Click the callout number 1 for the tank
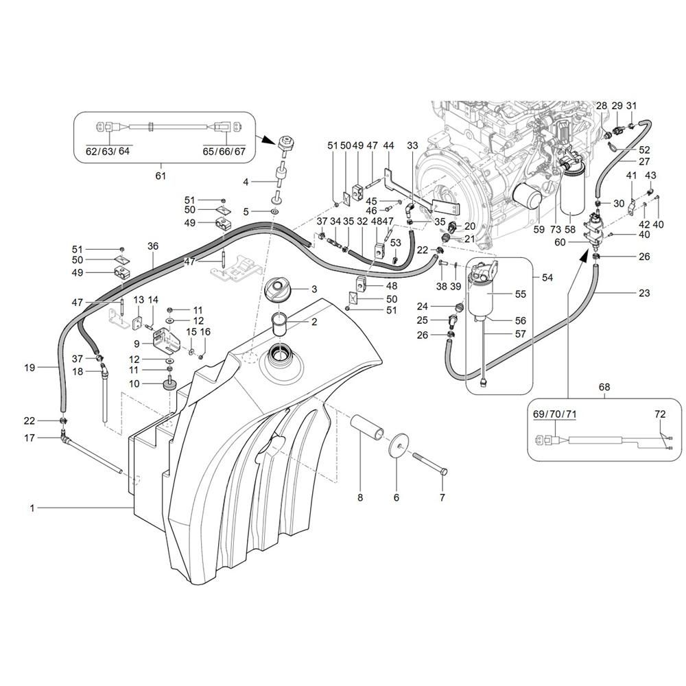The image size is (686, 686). point(32,508)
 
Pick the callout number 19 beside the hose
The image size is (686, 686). point(29,367)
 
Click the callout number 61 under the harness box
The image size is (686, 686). point(161,176)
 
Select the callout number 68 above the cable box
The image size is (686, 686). point(604,387)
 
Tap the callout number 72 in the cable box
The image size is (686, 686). point(660,414)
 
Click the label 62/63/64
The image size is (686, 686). point(108,151)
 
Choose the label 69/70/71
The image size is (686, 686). point(554,414)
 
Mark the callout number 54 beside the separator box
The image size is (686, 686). point(547,277)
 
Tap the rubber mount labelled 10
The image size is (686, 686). point(169,386)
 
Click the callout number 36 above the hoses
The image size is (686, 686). point(153,246)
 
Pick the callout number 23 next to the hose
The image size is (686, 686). point(644,293)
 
